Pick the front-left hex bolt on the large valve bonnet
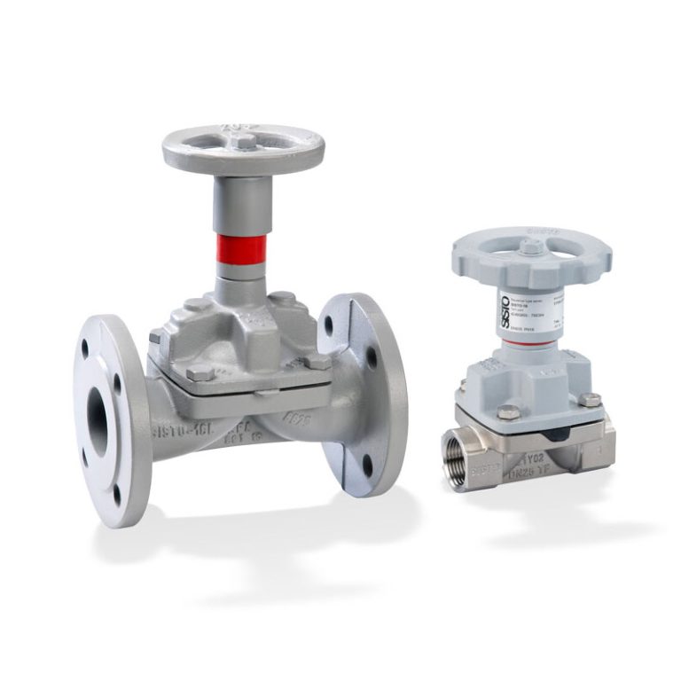(199, 372)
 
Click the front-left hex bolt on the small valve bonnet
(507, 411)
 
